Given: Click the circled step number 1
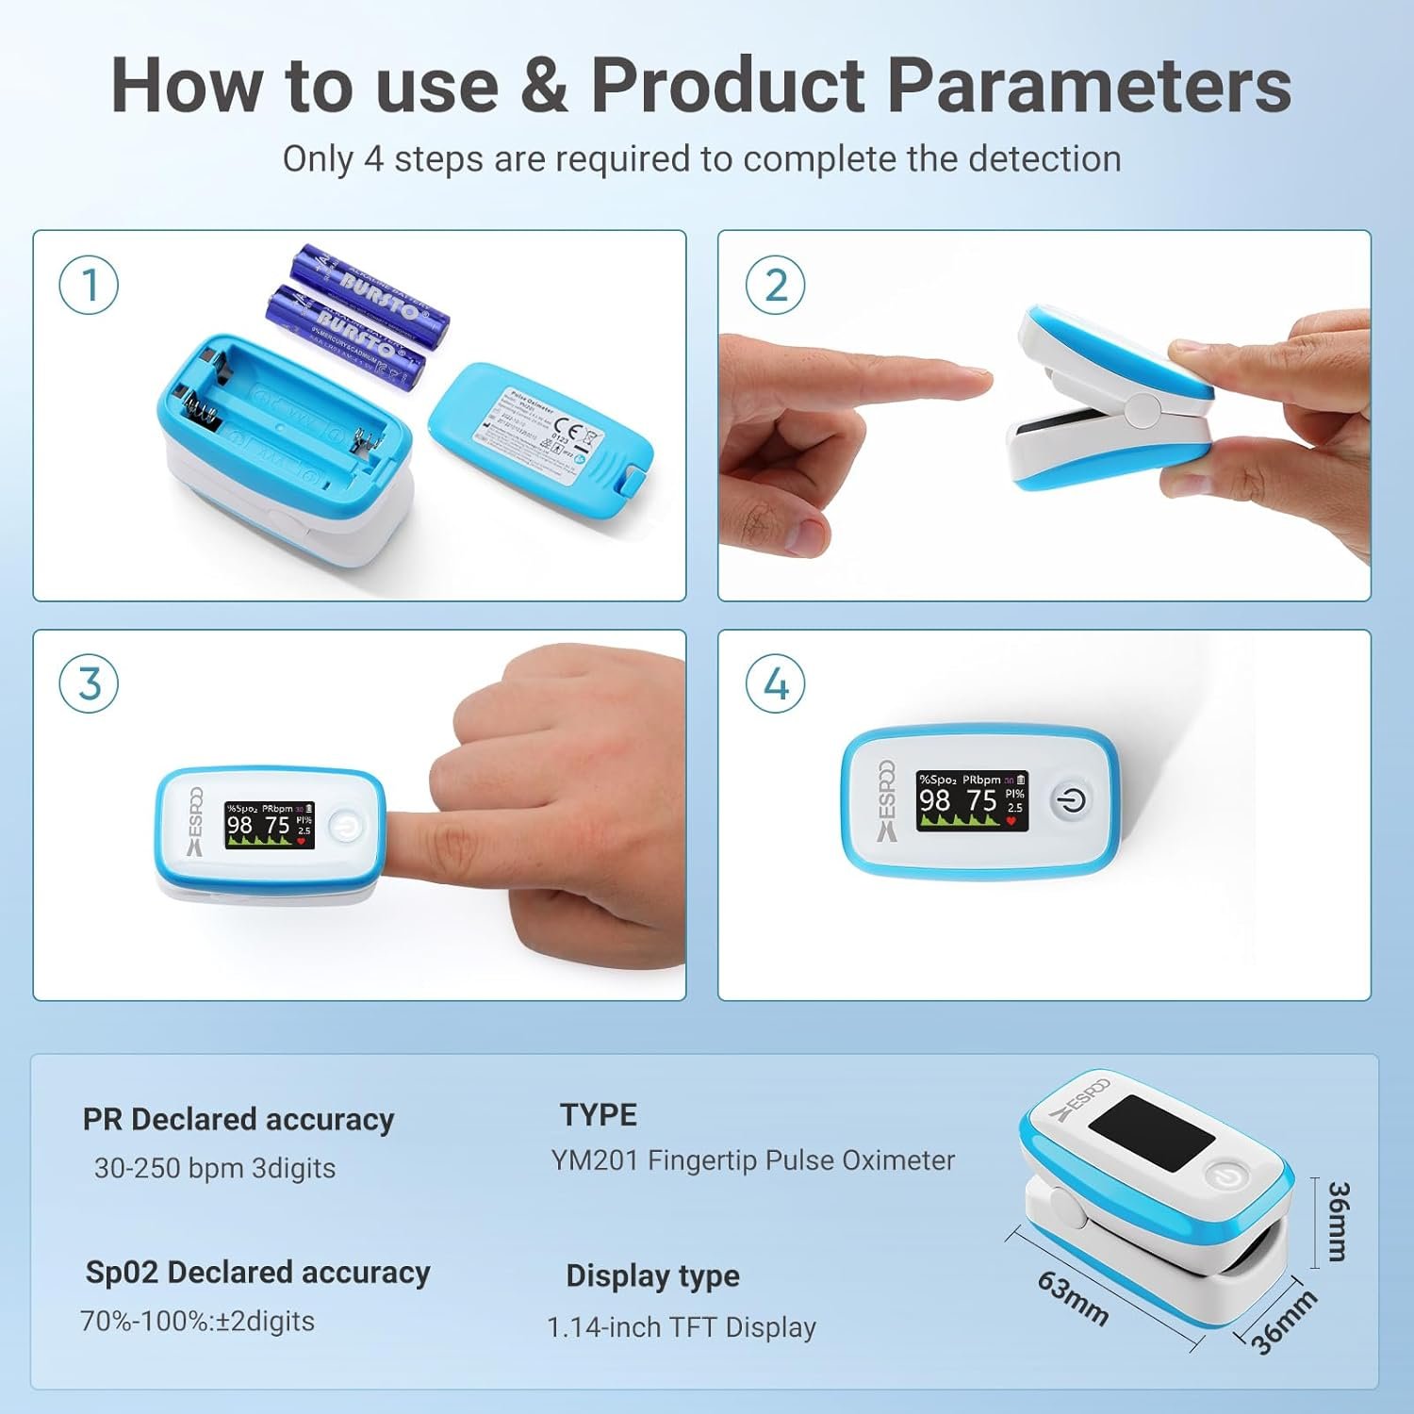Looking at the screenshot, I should [x=90, y=285].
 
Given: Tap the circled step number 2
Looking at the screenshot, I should [x=775, y=285].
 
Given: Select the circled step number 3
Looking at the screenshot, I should [x=90, y=683].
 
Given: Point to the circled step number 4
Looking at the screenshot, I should [x=775, y=683].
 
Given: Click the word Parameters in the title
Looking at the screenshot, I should [x=1089, y=87].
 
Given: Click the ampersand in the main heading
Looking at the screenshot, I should [x=544, y=87].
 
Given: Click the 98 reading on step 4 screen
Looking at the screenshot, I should [x=934, y=801].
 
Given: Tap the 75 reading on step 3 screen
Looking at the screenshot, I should [x=277, y=827].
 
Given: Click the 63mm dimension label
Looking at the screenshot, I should [x=1073, y=1297].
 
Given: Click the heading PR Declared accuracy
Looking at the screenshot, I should [x=238, y=1119].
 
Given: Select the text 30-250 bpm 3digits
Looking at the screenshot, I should [x=215, y=1168].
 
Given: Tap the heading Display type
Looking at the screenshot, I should [x=652, y=1275].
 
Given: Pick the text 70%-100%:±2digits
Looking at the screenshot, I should [x=198, y=1321].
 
